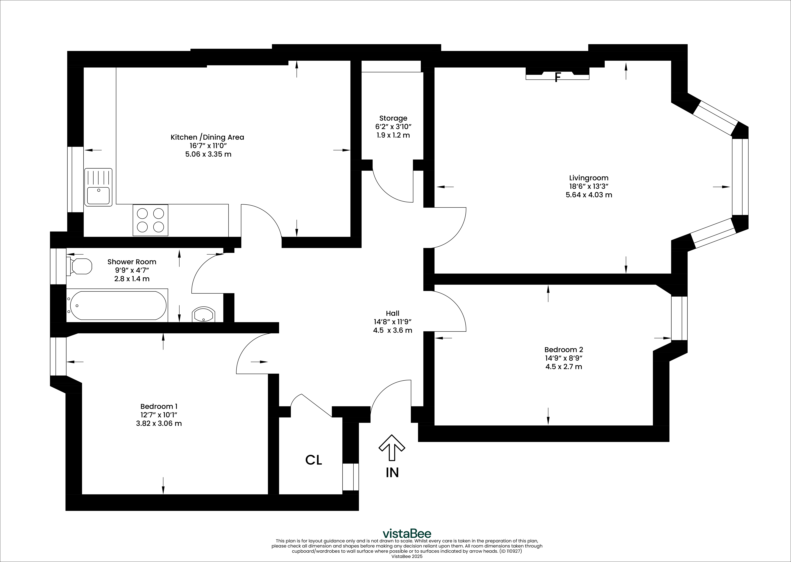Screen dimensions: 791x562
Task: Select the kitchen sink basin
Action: click(98, 195)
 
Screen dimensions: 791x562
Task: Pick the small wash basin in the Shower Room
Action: click(203, 314)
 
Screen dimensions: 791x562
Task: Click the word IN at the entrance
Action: click(392, 473)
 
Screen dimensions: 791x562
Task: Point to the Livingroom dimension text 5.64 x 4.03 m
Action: click(589, 195)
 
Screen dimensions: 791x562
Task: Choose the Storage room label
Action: click(393, 118)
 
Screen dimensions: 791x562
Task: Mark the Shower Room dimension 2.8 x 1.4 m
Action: click(132, 279)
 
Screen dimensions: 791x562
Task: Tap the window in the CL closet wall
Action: click(350, 477)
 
